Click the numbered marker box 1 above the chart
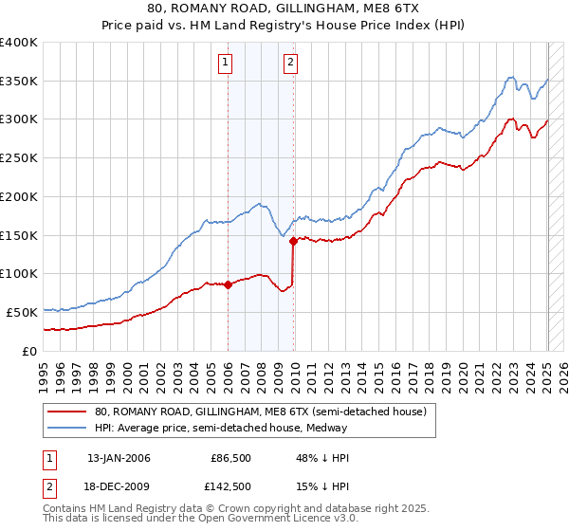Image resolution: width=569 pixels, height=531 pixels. tap(227, 64)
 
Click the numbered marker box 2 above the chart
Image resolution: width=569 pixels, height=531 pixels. tap(290, 64)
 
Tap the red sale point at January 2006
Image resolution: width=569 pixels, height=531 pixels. tap(228, 284)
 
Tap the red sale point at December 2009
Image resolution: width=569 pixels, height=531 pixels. tap(294, 241)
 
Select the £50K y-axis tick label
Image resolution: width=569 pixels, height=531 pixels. tap(23, 312)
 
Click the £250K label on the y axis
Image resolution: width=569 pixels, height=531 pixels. tap(19, 158)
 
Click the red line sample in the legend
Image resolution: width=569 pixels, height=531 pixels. tap(67, 412)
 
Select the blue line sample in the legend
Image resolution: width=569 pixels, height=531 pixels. tap(67, 428)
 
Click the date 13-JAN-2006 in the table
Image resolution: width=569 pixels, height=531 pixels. tap(119, 458)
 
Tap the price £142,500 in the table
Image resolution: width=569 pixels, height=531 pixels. tap(230, 486)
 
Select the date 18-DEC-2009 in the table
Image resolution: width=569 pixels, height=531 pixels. tap(119, 486)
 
